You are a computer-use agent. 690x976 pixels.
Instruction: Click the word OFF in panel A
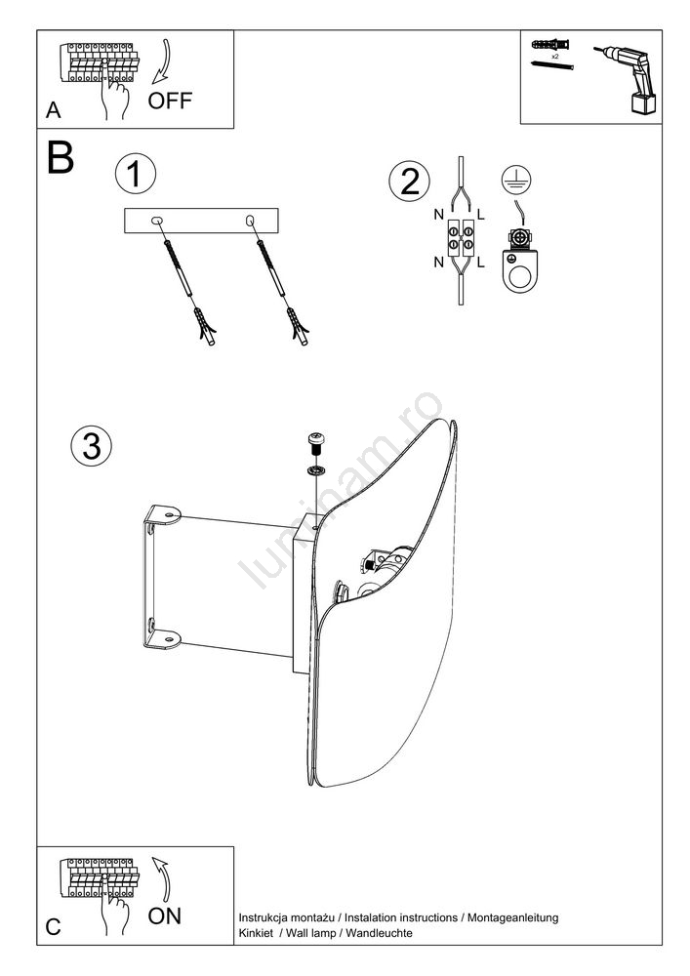click(171, 101)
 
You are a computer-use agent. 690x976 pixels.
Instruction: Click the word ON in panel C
click(164, 916)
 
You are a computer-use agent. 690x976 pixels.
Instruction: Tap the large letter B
click(60, 159)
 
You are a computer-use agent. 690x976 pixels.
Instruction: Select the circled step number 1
click(135, 175)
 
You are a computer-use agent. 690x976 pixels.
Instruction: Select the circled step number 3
click(91, 445)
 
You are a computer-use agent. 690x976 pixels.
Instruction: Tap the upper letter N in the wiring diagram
click(440, 214)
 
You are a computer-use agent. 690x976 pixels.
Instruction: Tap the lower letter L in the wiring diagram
click(482, 264)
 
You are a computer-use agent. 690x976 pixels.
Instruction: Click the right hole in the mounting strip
click(251, 222)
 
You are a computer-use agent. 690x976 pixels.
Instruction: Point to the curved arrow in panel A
click(164, 64)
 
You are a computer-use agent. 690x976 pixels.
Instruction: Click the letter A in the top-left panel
click(53, 112)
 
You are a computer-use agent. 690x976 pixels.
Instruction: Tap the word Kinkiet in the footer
click(257, 934)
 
